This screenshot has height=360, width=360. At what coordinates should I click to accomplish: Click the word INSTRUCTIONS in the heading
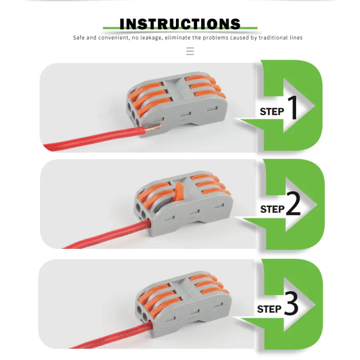tap(180, 24)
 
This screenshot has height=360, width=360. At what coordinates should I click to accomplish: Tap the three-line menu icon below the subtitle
tap(190, 51)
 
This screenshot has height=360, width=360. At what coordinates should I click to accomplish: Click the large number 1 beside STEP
tap(292, 107)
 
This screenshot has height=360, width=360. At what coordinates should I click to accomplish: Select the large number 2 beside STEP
tap(294, 204)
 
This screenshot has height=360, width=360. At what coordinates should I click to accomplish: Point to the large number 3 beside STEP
tap(291, 303)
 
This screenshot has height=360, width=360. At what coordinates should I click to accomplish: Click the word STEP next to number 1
tap(272, 112)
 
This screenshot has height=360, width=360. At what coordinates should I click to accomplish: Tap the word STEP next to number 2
tap(272, 209)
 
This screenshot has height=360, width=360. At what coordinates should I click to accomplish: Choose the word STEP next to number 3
tap(269, 309)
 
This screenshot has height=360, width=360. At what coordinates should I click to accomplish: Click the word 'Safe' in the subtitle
tap(78, 38)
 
